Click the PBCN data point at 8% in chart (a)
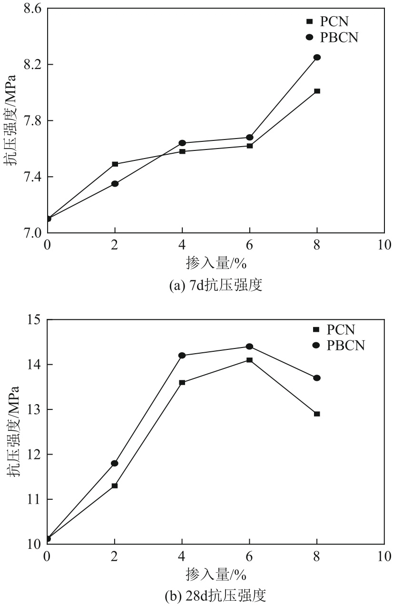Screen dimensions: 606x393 pyautogui.click(x=317, y=57)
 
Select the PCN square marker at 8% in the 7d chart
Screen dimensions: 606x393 pyautogui.click(x=317, y=91)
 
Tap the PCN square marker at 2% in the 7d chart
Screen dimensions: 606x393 pyautogui.click(x=115, y=164)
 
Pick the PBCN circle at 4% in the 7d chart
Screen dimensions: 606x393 pyautogui.click(x=182, y=143)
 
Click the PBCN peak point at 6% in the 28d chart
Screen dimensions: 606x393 pyautogui.click(x=249, y=347)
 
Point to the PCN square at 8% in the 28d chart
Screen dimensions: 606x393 pyautogui.click(x=317, y=414)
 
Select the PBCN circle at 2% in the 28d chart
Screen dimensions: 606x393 pyautogui.click(x=115, y=463)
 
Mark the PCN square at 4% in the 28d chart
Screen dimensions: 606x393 pyautogui.click(x=182, y=382)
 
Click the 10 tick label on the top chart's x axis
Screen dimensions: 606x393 pyautogui.click(x=384, y=245)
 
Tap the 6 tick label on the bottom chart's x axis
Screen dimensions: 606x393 pyautogui.click(x=249, y=556)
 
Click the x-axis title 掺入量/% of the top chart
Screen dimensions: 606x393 pyautogui.click(x=216, y=262)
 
